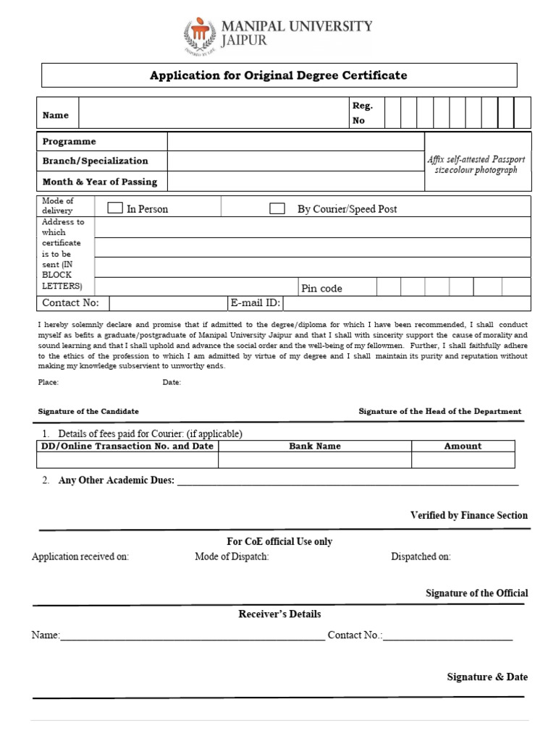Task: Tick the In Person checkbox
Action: pyautogui.click(x=115, y=208)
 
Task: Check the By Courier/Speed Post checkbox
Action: pyautogui.click(x=277, y=208)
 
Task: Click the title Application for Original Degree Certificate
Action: pyautogui.click(x=278, y=75)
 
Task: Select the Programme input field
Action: pyautogui.click(x=295, y=141)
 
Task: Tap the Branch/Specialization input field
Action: pyautogui.click(x=295, y=161)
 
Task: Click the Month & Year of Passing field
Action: pyautogui.click(x=295, y=181)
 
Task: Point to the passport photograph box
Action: pyautogui.click(x=477, y=162)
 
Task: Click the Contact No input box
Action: pyautogui.click(x=168, y=303)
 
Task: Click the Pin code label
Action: pyautogui.click(x=321, y=288)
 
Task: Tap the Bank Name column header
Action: pyautogui.click(x=315, y=446)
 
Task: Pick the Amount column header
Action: pyautogui.click(x=463, y=446)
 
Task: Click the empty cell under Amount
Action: pyautogui.click(x=463, y=460)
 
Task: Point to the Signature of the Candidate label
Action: pyautogui.click(x=88, y=411)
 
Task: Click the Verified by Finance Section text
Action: pyautogui.click(x=468, y=515)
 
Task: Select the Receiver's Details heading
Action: pyautogui.click(x=279, y=614)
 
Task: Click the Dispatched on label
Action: pyautogui.click(x=421, y=556)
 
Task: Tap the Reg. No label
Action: pyautogui.click(x=361, y=114)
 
